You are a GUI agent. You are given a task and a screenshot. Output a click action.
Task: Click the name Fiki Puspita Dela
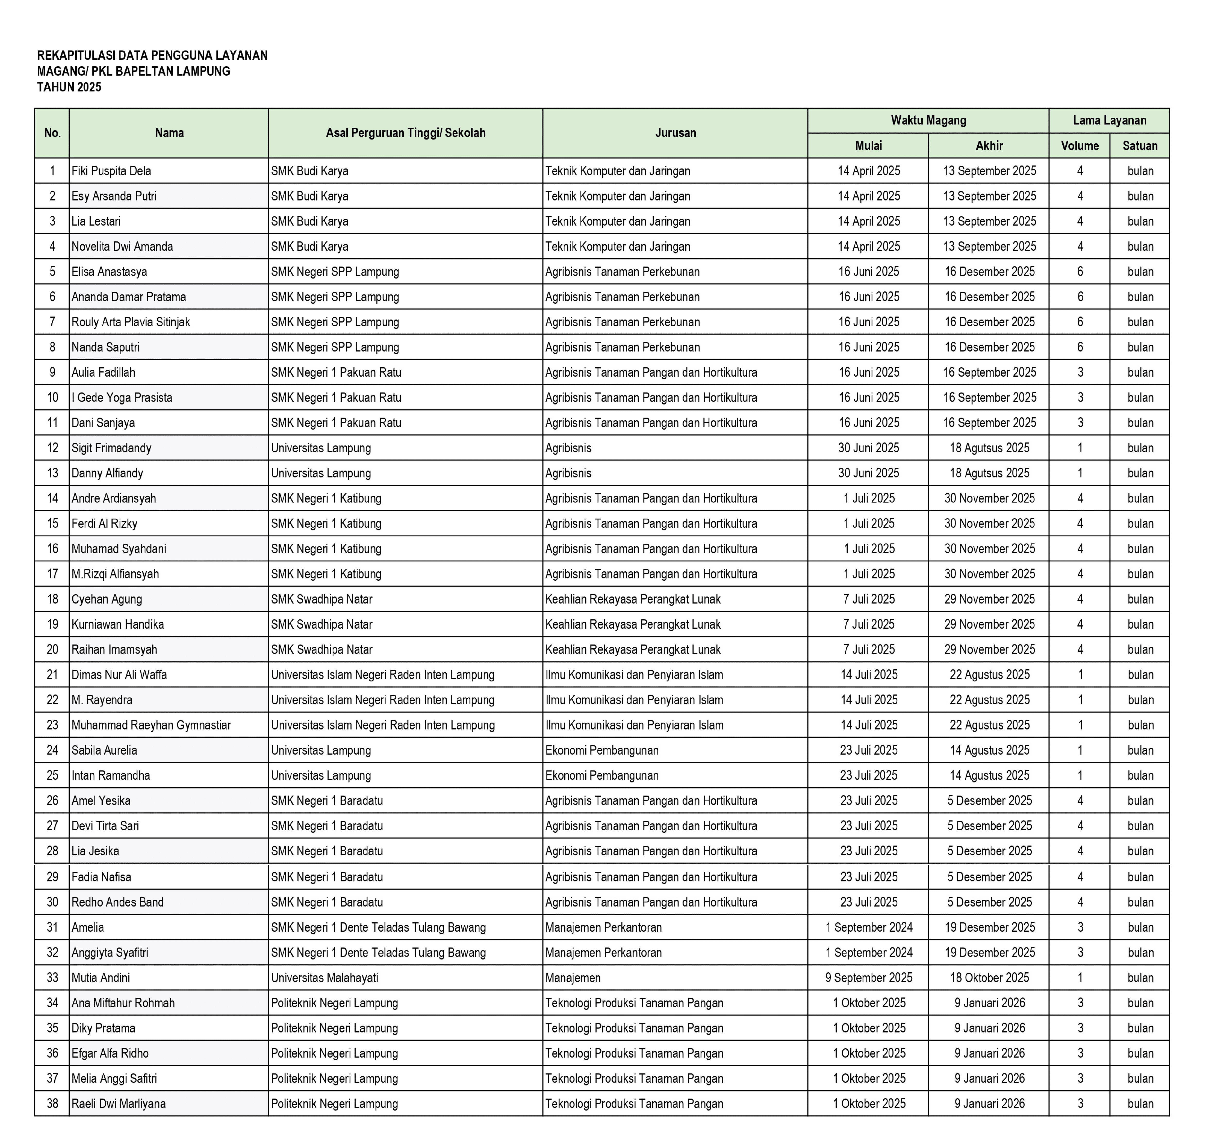pyautogui.click(x=111, y=171)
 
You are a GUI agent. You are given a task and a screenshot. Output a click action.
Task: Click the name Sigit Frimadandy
pyautogui.click(x=111, y=448)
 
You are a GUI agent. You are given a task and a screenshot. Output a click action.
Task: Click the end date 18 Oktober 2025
pyautogui.click(x=989, y=978)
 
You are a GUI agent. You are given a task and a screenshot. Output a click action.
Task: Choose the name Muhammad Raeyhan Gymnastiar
pyautogui.click(x=151, y=725)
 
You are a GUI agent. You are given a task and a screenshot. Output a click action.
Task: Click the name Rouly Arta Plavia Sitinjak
pyautogui.click(x=131, y=322)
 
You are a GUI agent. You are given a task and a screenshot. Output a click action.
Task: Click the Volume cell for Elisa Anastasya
pyautogui.click(x=1080, y=272)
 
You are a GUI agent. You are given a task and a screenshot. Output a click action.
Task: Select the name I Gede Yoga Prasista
pyautogui.click(x=121, y=397)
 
